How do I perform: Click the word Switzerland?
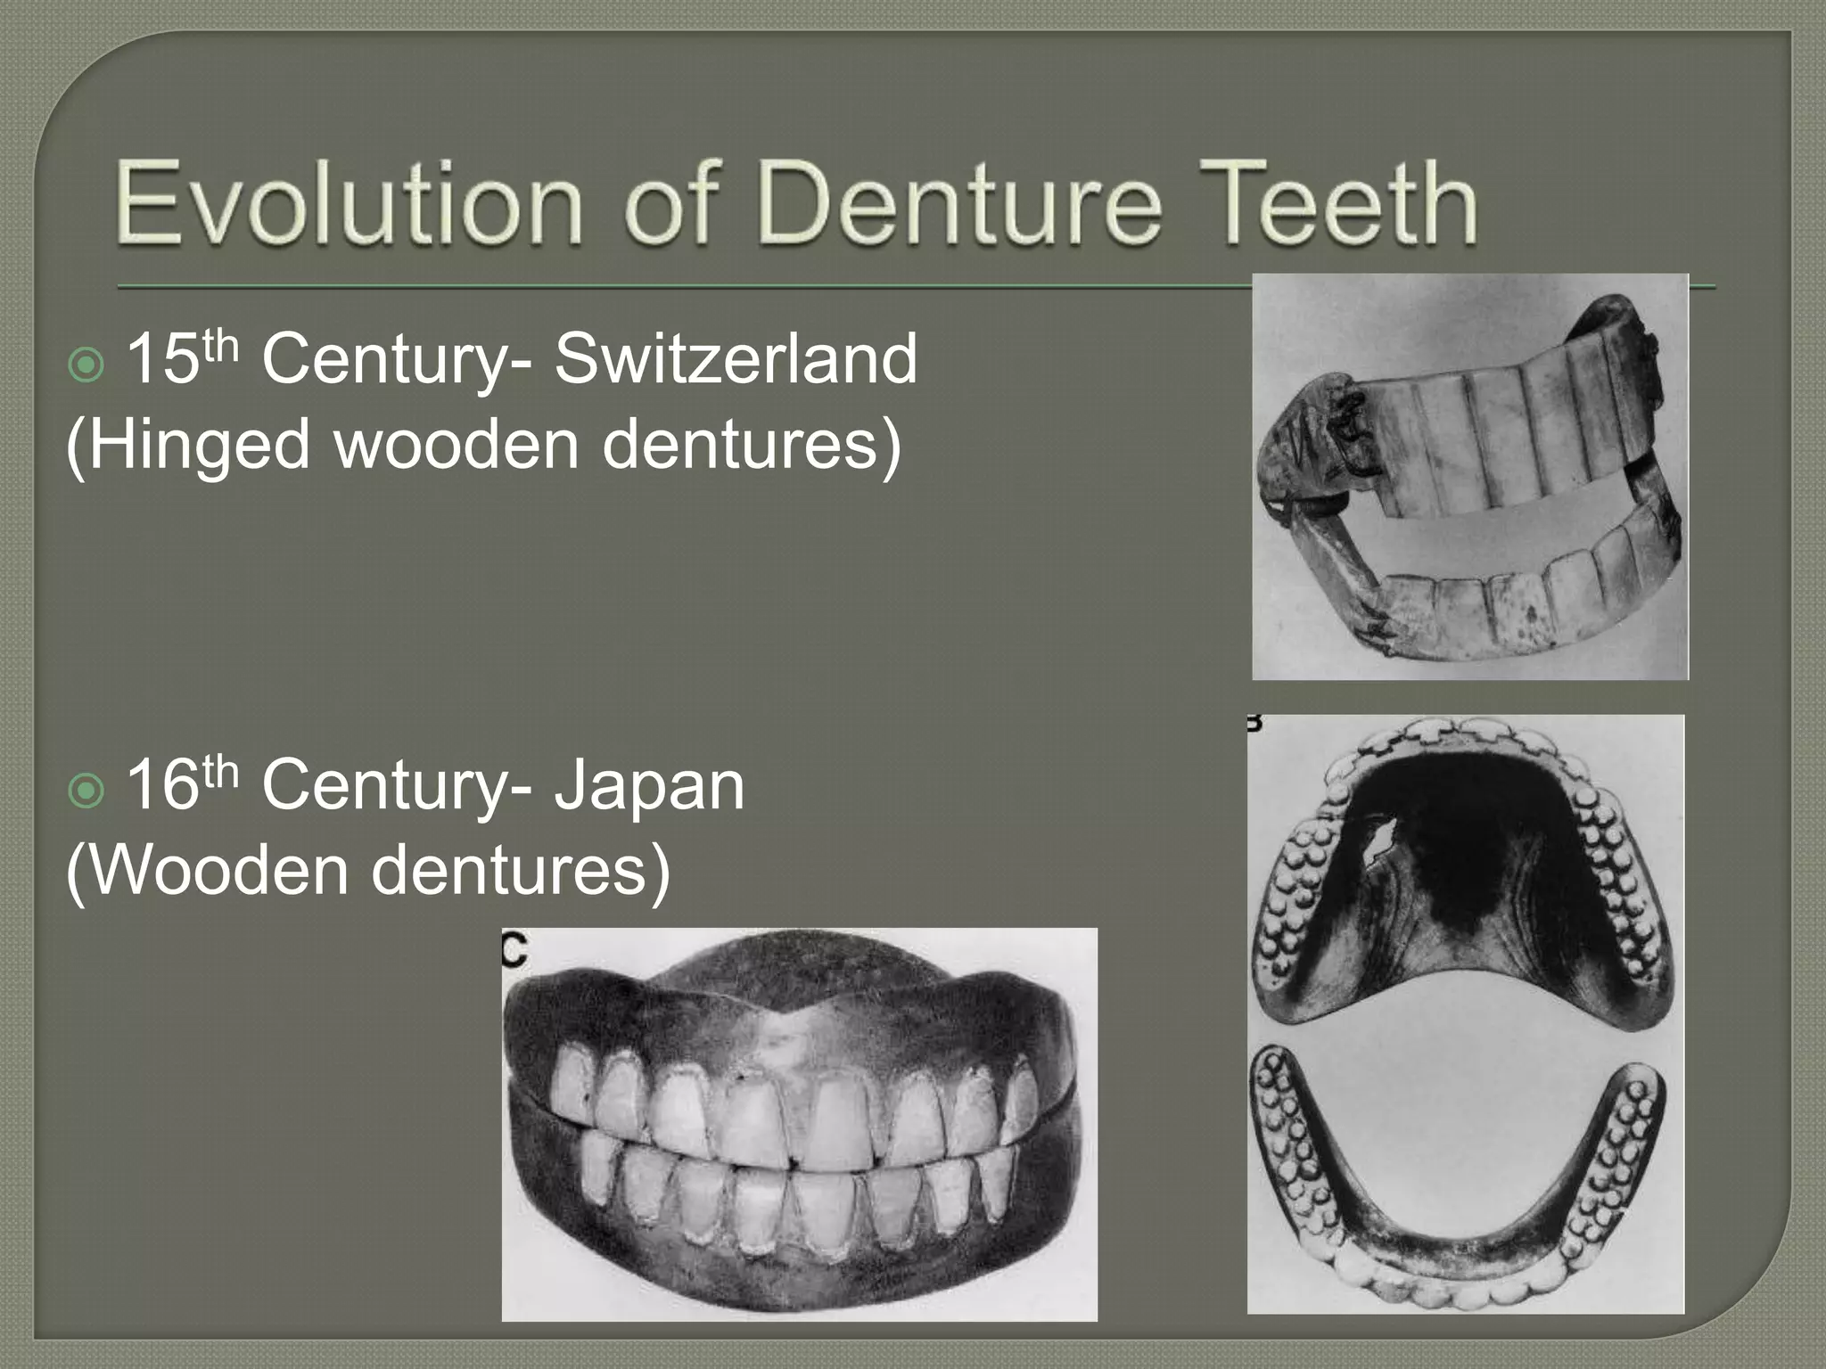pyautogui.click(x=736, y=359)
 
